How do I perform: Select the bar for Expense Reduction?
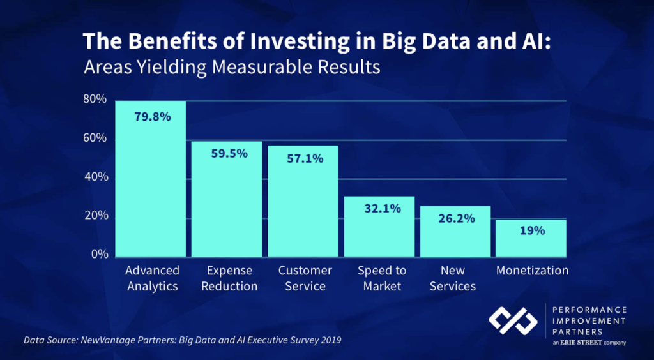click(x=227, y=204)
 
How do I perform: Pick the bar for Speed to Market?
click(x=379, y=230)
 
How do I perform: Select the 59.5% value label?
click(x=228, y=153)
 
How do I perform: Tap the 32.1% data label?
click(x=381, y=208)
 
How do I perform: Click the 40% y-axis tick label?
click(x=95, y=177)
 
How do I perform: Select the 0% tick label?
click(x=98, y=254)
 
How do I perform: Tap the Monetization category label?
click(x=532, y=270)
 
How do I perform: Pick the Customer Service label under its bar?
click(x=305, y=278)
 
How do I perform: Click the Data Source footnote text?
click(x=183, y=340)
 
